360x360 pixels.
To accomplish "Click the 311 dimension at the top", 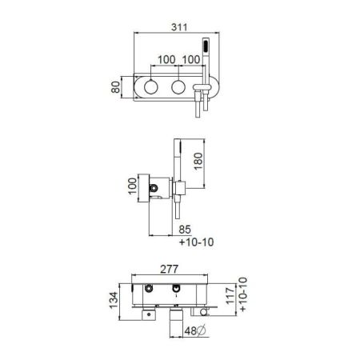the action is (179, 27).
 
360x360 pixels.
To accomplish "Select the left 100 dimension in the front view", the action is (166, 60).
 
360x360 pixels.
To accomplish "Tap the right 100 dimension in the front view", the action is (191, 60).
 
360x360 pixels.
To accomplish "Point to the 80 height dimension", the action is (116, 87).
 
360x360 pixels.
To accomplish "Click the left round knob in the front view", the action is (151, 87).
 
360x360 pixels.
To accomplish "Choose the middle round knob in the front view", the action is (178, 87).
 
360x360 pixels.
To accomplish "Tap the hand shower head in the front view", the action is (206, 46).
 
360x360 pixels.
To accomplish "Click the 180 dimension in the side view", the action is (198, 161).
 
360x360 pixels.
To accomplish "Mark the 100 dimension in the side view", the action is (133, 186).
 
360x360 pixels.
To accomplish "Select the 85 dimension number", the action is (185, 230).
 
